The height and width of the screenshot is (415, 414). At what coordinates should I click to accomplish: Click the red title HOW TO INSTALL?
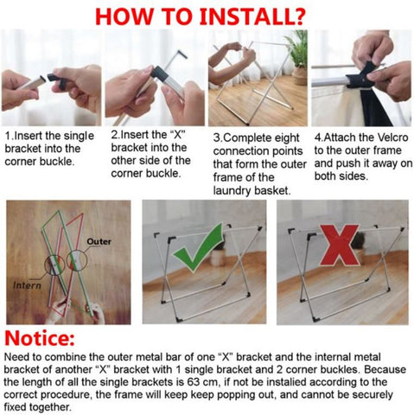200,16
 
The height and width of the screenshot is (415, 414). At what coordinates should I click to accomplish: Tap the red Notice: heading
40,338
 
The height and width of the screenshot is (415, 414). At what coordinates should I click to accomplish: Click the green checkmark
199,247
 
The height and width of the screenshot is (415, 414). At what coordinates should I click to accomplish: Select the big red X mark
340,246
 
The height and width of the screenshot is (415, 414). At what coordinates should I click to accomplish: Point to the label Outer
99,241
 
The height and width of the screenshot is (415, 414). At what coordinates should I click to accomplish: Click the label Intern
28,285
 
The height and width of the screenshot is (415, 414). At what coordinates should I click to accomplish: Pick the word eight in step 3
286,138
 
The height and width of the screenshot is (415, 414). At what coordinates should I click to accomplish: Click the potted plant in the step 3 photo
297,59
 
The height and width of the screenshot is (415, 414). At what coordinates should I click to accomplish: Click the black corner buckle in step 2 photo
159,74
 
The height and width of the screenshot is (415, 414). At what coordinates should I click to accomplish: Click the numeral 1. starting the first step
10,136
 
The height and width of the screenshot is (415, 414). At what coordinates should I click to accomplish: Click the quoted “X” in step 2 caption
177,135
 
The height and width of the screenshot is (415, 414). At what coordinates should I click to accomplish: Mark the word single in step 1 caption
79,137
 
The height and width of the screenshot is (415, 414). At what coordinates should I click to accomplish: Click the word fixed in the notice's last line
15,407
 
